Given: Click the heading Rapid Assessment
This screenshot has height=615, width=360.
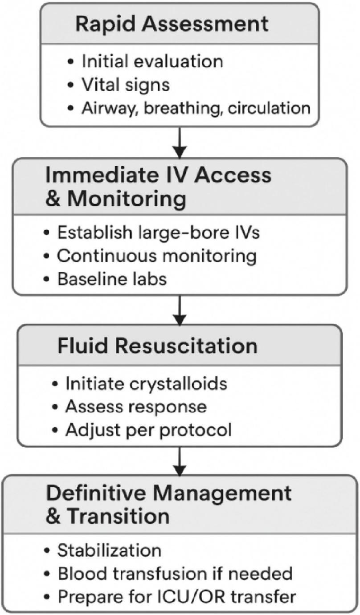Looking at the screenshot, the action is point(172,24).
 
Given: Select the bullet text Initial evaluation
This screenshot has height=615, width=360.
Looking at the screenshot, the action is point(152,61).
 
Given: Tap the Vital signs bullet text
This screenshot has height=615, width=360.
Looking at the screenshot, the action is point(126,85).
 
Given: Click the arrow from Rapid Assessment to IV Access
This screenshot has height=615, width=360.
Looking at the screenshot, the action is point(180,143).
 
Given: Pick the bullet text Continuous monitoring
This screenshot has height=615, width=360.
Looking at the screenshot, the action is point(156,256).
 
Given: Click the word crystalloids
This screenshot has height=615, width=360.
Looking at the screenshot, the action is point(178,383).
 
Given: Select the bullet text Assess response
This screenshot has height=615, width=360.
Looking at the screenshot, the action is point(136,407).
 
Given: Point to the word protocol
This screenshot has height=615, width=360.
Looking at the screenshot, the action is point(196,430).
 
